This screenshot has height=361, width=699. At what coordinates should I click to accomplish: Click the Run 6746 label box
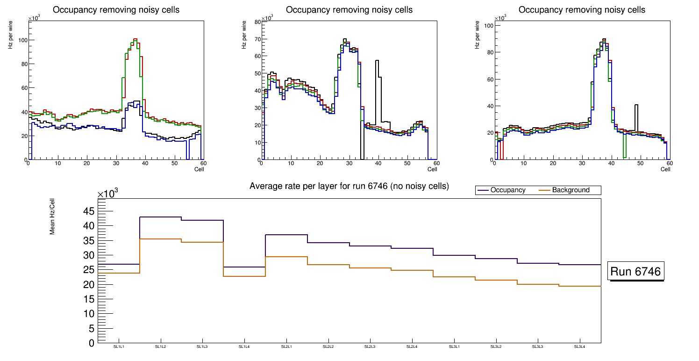click(x=635, y=272)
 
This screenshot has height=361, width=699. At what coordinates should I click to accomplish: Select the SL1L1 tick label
click(x=119, y=347)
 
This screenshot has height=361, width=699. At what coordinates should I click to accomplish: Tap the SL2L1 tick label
click(x=286, y=347)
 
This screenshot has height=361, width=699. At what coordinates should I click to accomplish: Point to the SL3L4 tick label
click(x=580, y=347)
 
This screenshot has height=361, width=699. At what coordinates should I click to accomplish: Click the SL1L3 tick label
click(x=202, y=347)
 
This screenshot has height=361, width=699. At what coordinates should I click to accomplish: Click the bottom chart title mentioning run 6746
click(x=349, y=186)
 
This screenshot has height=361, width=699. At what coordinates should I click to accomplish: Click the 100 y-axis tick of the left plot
click(x=21, y=40)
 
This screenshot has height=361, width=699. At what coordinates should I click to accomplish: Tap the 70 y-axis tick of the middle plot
click(x=257, y=39)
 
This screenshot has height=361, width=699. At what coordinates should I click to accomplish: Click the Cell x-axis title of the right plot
click(x=665, y=169)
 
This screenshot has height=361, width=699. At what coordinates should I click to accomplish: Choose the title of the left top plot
click(x=116, y=10)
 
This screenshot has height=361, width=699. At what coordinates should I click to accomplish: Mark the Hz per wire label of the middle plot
click(x=244, y=37)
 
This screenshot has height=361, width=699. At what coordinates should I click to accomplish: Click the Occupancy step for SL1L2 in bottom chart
click(x=161, y=217)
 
